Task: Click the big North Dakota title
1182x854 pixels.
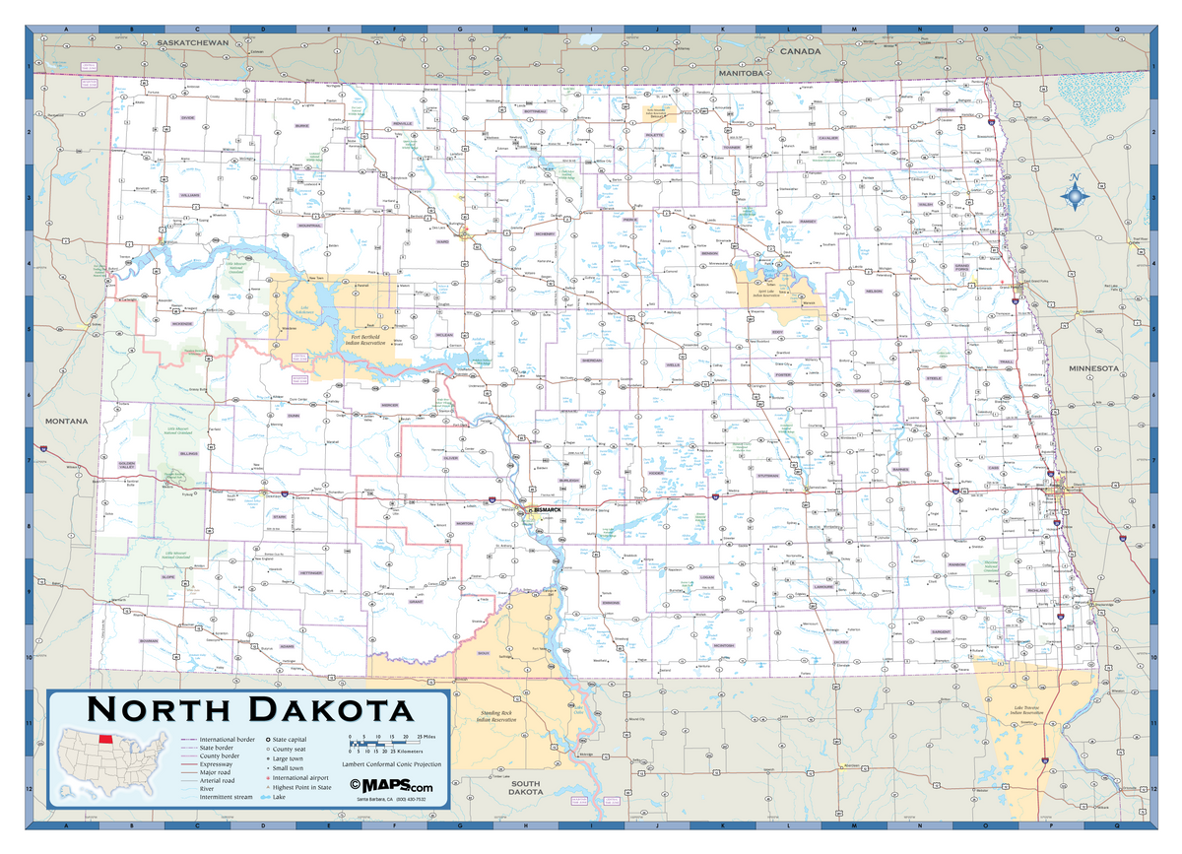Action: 250,710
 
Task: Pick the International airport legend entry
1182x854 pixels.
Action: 299,778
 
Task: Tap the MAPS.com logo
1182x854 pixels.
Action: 392,786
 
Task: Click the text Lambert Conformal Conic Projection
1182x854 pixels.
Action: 391,764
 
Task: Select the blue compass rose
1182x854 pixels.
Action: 1075,196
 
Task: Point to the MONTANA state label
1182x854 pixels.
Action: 66,421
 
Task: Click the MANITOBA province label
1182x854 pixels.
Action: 742,73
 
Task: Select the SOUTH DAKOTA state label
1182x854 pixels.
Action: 526,786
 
